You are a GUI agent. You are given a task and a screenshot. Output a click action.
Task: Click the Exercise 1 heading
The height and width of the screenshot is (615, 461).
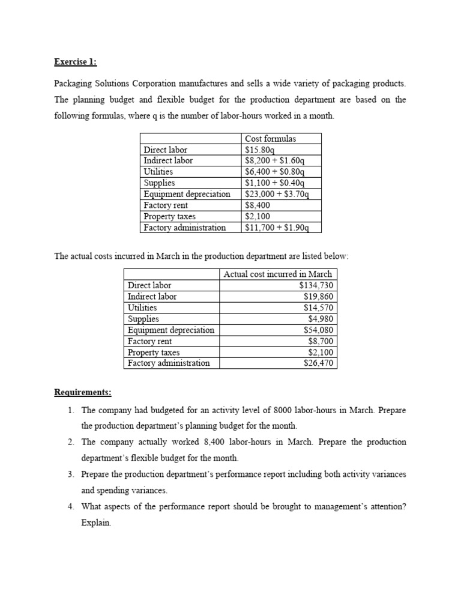[x=75, y=61]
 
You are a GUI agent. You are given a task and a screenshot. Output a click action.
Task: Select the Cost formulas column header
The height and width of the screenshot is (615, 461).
[x=270, y=139]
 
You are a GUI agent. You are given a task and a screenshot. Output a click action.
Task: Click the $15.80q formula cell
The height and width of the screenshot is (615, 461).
[x=259, y=150]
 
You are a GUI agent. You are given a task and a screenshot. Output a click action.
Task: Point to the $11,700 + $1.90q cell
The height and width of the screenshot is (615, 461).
[x=277, y=228]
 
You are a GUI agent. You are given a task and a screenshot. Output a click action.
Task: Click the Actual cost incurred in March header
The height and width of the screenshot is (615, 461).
[x=277, y=274]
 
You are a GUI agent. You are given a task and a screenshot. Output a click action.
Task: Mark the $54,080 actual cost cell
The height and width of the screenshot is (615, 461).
[x=318, y=330]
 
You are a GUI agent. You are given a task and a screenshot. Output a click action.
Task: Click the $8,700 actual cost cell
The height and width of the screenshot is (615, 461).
[x=320, y=341]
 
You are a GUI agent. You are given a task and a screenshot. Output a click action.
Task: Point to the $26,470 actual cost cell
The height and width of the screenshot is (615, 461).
[x=318, y=363]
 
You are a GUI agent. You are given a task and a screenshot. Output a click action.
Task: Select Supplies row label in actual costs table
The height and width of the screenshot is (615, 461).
[x=143, y=319]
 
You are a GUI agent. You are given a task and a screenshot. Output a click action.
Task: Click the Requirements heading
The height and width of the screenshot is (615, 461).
[x=83, y=393]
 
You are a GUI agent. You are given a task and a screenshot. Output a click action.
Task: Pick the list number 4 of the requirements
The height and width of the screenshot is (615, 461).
[x=70, y=506]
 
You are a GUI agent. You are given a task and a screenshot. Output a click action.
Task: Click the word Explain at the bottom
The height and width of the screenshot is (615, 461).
[x=96, y=523]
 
